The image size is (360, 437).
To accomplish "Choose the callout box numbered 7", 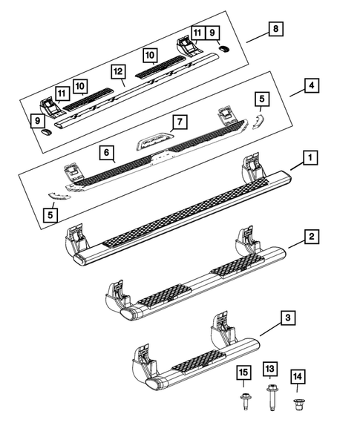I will (177, 121).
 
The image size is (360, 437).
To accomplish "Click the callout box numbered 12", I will (117, 72).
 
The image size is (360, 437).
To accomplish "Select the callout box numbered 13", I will (269, 371).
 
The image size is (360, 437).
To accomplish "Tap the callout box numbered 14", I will (298, 378).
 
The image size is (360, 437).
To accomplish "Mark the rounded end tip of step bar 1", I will (82, 257).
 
